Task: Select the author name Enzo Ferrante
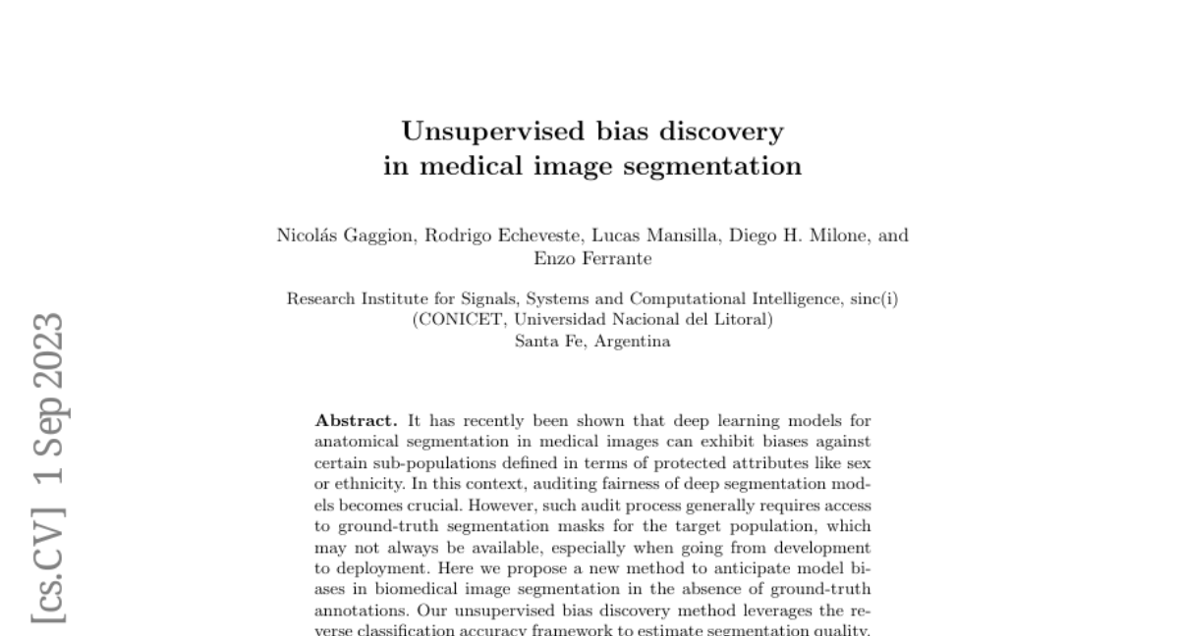point(591,259)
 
